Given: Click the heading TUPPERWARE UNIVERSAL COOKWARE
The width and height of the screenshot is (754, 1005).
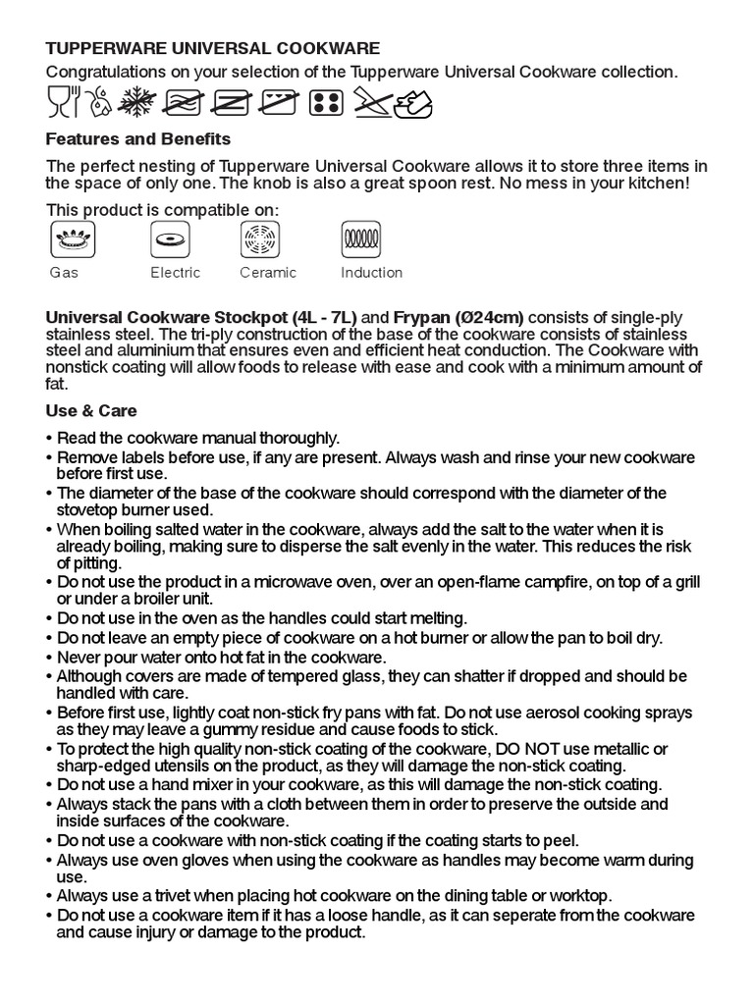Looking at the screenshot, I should [x=212, y=48].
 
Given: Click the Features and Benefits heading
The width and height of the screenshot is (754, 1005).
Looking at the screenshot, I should [x=137, y=139].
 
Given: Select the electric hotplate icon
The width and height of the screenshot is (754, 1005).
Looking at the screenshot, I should [x=169, y=238].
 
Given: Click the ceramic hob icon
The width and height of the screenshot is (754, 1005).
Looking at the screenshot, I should [x=260, y=238].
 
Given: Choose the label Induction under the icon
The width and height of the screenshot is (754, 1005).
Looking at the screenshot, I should [x=371, y=273].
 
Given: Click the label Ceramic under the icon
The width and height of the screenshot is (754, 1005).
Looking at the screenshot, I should [x=267, y=273].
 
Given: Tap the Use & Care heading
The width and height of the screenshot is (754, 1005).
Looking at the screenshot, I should [x=91, y=410].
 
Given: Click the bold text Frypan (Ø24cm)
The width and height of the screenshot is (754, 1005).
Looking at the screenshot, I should [x=458, y=318].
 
